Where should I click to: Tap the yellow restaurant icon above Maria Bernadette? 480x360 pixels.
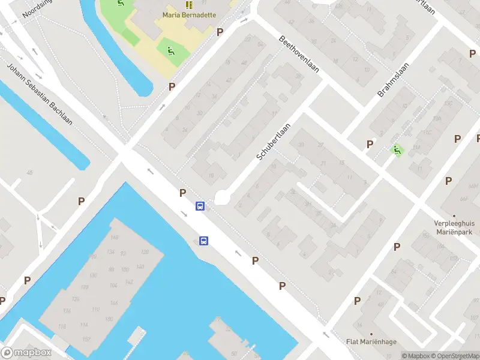(x=188, y=5)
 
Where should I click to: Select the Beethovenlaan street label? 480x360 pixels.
(x=299, y=55)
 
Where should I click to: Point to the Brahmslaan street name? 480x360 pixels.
(x=393, y=80)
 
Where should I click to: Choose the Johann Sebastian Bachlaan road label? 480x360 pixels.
(x=40, y=94)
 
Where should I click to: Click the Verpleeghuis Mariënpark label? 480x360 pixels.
(x=454, y=228)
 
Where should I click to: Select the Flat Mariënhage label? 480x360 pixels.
(x=371, y=343)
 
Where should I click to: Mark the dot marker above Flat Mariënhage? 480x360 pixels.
(x=371, y=334)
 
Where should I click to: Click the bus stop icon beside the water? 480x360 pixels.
(x=204, y=241)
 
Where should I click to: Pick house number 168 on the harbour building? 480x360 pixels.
(x=115, y=238)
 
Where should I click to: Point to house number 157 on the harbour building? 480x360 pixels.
(x=86, y=340)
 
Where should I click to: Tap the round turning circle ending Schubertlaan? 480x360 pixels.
(x=222, y=196)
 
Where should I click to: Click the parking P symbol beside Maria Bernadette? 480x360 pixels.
(x=220, y=32)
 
